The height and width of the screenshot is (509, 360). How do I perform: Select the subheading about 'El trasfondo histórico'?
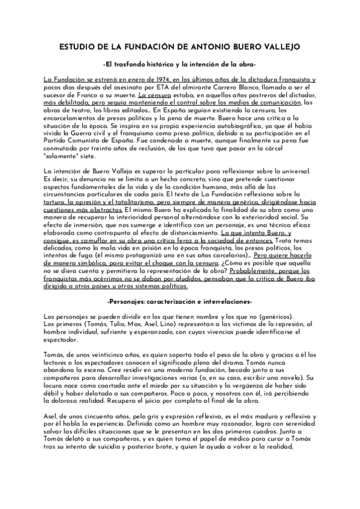[x=179, y=64]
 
